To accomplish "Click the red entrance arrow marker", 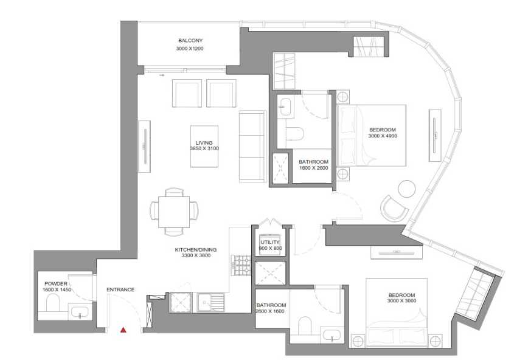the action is click(123, 330).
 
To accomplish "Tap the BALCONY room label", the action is click(190, 41).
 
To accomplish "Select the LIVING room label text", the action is click(204, 143).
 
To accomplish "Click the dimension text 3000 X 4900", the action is click(383, 136).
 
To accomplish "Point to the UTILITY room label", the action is click(270, 242).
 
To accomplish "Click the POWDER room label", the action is click(56, 284).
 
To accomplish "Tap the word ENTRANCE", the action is click(120, 289).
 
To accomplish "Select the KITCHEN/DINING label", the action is click(196, 249).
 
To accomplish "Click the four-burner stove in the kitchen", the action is click(241, 265).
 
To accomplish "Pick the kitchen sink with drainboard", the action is click(210, 302).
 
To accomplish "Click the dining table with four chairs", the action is click(174, 212).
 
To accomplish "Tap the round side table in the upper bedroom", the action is click(407, 189).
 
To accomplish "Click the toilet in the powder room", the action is click(52, 302).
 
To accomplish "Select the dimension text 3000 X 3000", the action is click(402, 301).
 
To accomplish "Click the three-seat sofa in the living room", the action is click(252, 147).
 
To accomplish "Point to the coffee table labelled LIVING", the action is click(204, 147).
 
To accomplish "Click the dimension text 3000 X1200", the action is click(190, 49).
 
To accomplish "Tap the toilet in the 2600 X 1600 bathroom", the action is click(305, 325).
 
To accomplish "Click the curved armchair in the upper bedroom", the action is click(394, 209).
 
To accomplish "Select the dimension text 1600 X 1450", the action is click(57, 290).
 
